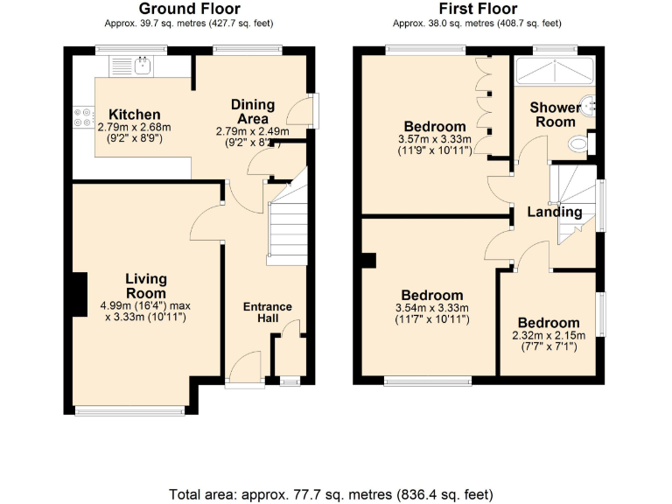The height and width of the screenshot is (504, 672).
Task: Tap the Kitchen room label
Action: click(x=134, y=115)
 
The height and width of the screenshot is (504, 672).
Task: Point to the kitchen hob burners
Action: click(x=83, y=116)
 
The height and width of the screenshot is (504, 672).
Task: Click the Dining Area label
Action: click(x=252, y=112)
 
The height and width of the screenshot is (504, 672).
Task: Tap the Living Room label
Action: click(x=145, y=285)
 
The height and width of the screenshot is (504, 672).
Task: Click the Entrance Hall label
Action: click(x=267, y=312)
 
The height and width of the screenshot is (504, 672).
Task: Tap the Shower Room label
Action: click(x=555, y=115)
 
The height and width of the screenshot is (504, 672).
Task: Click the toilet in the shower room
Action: click(x=579, y=143)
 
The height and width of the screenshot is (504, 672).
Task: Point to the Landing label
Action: click(x=554, y=212)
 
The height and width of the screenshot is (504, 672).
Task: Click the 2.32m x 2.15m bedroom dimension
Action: click(x=548, y=336)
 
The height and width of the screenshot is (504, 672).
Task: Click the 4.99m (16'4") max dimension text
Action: click(x=145, y=306)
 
